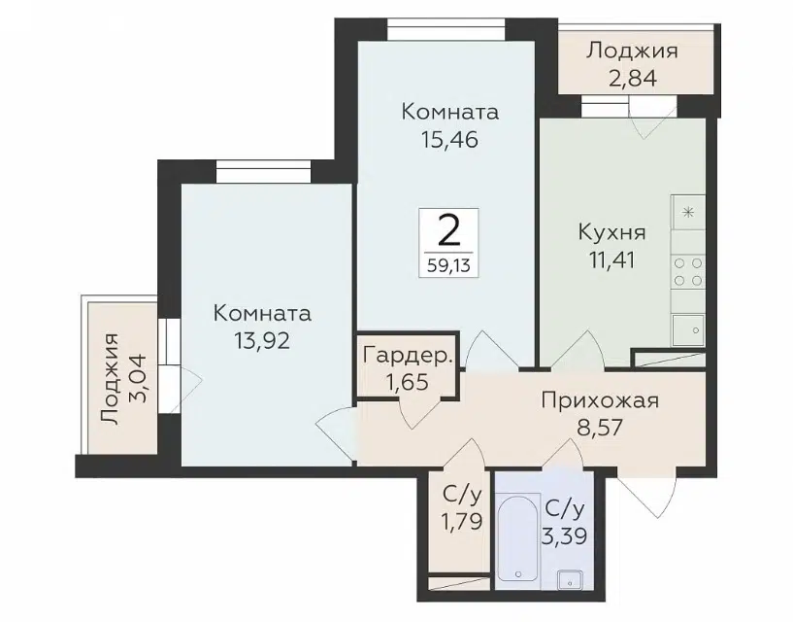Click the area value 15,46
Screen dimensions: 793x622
(x=449, y=139)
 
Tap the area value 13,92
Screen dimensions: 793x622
(x=261, y=341)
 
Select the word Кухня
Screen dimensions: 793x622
(x=611, y=233)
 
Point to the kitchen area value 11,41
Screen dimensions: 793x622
(x=611, y=259)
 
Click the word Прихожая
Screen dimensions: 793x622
(x=600, y=400)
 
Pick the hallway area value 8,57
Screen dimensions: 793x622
(x=600, y=428)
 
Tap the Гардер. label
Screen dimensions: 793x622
(x=408, y=356)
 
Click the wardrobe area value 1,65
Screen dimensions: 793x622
(x=407, y=381)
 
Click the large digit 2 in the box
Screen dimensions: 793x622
(x=447, y=231)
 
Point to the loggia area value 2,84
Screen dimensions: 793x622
(x=632, y=79)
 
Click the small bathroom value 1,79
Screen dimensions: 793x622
(x=462, y=520)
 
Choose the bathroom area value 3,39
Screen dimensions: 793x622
(x=564, y=536)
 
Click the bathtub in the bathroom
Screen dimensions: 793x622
(x=518, y=537)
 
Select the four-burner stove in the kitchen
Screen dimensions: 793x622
(x=688, y=272)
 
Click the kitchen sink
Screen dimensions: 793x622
(x=688, y=330)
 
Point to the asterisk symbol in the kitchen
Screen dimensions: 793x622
(x=688, y=212)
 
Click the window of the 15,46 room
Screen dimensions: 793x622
(x=447, y=29)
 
